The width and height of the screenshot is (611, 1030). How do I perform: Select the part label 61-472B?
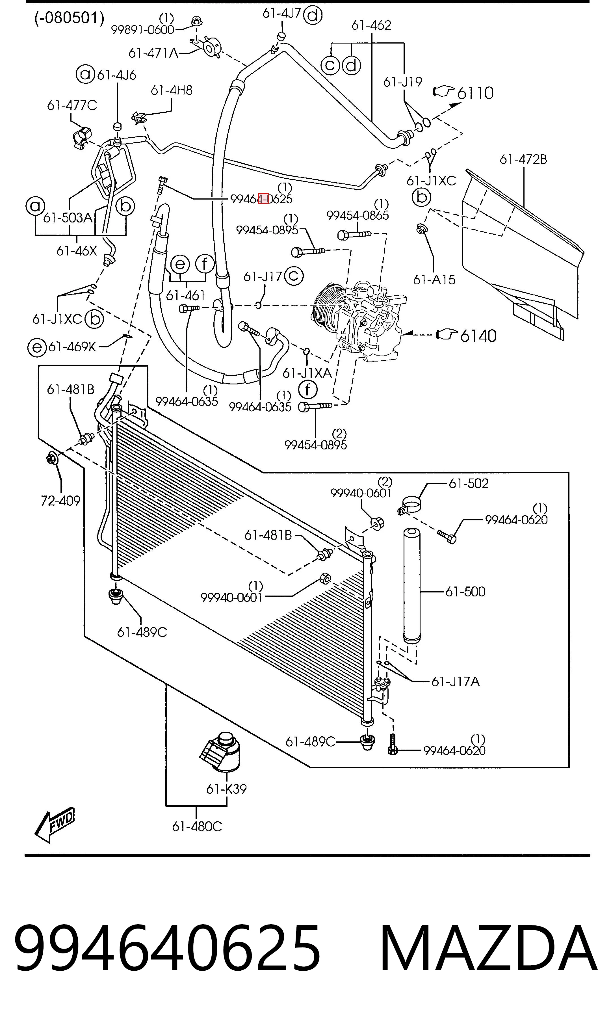pos(523,159)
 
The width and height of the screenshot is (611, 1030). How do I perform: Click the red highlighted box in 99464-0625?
pos(263,198)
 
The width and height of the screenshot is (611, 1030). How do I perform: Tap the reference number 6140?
pos(478,336)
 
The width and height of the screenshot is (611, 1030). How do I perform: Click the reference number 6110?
pos(475,93)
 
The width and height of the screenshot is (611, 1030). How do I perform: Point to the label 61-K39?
pos(226,789)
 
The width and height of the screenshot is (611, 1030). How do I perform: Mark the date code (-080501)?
pos(69,18)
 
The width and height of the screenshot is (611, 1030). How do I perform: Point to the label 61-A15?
pos(434,280)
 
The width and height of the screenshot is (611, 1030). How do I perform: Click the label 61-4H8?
pos(172,90)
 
